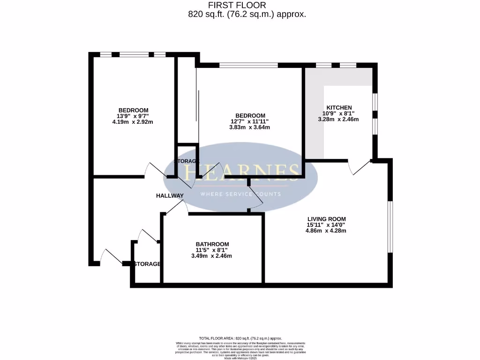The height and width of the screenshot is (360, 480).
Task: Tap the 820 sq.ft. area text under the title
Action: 247,14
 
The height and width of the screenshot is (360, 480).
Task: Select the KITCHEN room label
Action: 339,107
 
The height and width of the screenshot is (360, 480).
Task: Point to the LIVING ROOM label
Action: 326,218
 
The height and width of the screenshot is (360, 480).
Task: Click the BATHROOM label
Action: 212,244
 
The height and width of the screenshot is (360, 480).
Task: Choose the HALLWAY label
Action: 170,195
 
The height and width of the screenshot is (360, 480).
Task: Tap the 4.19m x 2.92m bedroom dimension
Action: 133,121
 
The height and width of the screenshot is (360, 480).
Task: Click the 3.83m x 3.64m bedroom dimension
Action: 250,127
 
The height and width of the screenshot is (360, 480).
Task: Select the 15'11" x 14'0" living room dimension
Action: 326,225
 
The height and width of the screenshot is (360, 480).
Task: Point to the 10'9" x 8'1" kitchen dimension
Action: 338,113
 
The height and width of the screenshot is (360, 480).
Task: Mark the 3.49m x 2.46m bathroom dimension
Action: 211,255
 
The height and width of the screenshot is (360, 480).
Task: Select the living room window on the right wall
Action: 390,227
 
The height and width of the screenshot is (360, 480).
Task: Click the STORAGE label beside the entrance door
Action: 147,264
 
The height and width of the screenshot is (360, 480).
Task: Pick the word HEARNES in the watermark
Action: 241,172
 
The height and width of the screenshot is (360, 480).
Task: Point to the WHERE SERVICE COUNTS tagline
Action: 240,194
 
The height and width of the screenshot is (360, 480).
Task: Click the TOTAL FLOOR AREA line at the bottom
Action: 240,338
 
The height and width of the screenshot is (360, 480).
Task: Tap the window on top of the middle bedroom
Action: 248,65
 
